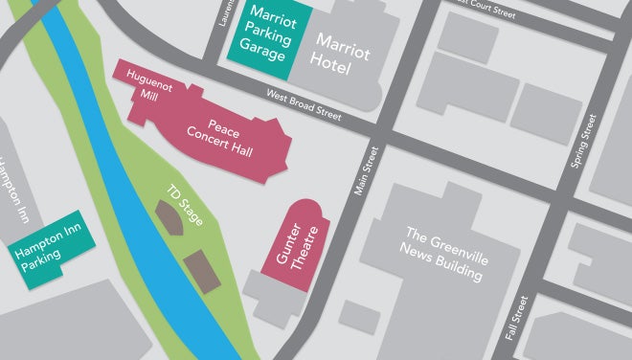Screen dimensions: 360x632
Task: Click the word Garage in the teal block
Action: pos(262,55)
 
